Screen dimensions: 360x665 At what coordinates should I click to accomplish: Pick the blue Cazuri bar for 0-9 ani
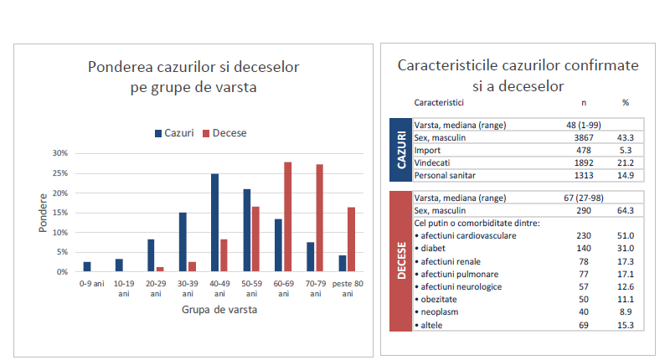coord(87,267)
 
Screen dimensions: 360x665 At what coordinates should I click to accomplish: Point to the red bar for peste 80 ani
coord(351,239)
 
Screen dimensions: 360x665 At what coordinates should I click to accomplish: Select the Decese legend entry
coord(224,133)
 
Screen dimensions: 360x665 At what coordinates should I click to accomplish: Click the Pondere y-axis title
coord(44,214)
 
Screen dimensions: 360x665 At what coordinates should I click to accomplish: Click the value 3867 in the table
coord(584,137)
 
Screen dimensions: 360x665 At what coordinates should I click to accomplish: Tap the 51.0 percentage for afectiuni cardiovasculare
coord(624,236)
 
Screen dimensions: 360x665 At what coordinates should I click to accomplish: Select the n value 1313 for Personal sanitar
coord(584,175)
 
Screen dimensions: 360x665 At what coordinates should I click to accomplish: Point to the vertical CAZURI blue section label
coord(401,150)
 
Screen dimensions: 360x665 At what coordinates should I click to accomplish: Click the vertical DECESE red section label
coord(401,260)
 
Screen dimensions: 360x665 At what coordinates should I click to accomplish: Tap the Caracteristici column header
coord(440,102)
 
